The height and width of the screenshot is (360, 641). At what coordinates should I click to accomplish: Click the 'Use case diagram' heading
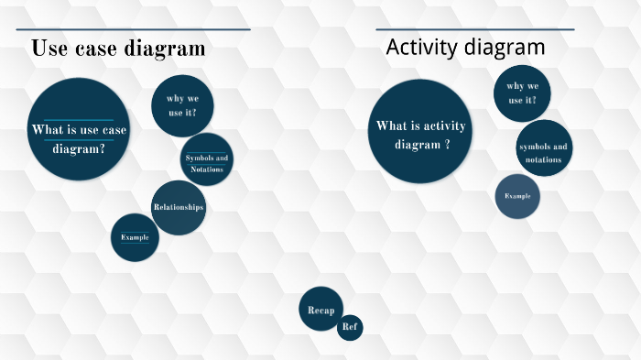(x=118, y=49)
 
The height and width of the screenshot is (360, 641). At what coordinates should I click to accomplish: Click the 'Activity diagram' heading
(x=465, y=47)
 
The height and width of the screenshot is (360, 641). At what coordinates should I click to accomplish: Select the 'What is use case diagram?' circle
(x=79, y=129)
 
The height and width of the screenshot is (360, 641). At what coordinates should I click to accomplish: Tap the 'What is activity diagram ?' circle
(x=421, y=131)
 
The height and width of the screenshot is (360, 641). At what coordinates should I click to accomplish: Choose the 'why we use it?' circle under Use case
(x=182, y=105)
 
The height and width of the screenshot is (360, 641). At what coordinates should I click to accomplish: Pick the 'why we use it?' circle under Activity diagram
(x=522, y=93)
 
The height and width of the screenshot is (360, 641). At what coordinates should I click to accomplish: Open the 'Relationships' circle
(x=178, y=208)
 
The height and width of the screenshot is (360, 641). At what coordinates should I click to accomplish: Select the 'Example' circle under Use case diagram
(x=135, y=237)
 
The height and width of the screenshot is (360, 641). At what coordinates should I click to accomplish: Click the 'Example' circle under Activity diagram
(x=517, y=196)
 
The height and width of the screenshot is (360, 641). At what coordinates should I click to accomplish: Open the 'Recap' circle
(x=320, y=310)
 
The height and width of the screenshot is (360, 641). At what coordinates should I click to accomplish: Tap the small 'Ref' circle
(x=350, y=327)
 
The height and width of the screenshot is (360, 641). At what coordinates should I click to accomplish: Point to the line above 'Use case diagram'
(x=133, y=29)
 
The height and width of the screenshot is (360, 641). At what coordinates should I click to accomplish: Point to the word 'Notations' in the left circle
(x=206, y=169)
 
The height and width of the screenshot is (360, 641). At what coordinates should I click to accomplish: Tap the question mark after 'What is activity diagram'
(x=447, y=145)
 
